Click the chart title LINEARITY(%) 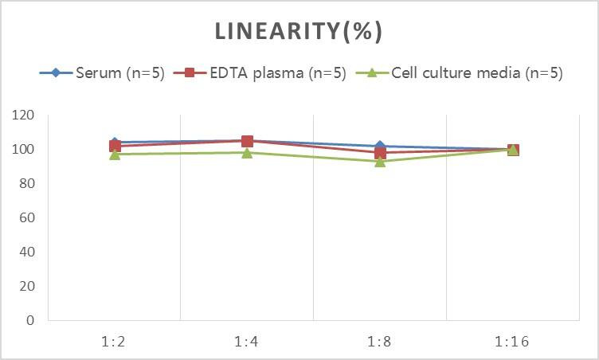299,31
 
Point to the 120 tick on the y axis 24,115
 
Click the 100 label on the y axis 24,150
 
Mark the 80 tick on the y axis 27,184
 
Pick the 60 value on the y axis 27,218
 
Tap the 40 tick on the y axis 27,252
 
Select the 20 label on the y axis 27,287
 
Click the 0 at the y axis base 30,321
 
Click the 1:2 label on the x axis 115,342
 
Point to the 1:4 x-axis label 247,342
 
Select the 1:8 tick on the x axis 380,342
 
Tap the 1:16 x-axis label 513,342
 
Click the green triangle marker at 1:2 115,154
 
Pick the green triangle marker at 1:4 247,152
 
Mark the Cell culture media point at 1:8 380,161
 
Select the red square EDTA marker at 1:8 380,153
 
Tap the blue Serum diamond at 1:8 380,147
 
